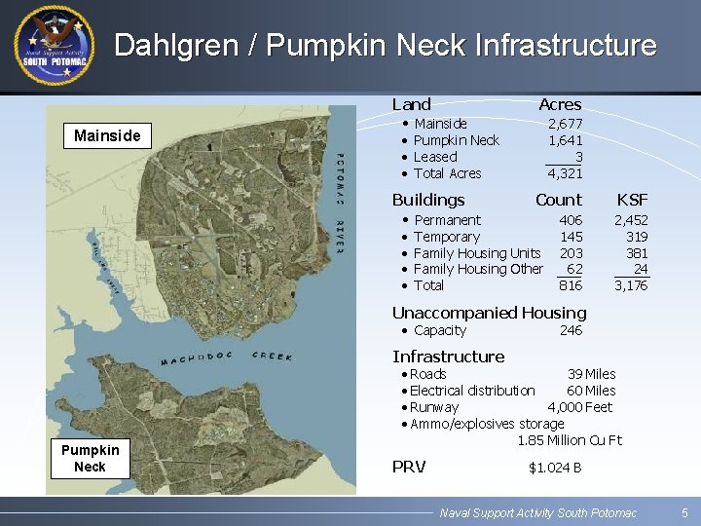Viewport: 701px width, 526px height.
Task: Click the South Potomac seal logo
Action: [x=55, y=45]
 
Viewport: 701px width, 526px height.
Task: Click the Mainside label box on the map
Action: [x=107, y=135]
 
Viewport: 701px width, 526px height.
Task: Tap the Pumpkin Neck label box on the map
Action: [x=90, y=458]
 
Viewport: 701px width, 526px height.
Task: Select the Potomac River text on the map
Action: [x=339, y=205]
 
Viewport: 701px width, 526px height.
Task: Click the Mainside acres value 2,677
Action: [x=565, y=124]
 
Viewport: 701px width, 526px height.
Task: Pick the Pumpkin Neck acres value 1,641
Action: [x=565, y=140]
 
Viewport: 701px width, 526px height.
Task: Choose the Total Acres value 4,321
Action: [x=565, y=173]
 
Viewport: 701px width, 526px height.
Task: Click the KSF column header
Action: [x=631, y=200]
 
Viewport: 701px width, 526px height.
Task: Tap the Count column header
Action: [x=558, y=200]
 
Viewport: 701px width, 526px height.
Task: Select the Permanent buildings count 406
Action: [x=571, y=220]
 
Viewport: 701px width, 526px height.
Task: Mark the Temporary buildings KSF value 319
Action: [x=637, y=237]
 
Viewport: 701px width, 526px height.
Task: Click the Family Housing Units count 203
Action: [x=571, y=253]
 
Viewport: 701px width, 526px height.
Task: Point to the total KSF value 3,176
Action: [x=631, y=285]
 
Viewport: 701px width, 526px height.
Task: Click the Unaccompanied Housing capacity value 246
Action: [x=571, y=330]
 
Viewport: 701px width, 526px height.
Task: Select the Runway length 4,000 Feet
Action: [x=579, y=407]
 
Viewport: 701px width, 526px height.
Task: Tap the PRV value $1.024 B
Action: [x=555, y=468]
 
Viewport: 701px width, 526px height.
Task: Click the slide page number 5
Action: [x=684, y=512]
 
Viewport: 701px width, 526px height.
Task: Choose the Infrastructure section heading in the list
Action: [x=448, y=357]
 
